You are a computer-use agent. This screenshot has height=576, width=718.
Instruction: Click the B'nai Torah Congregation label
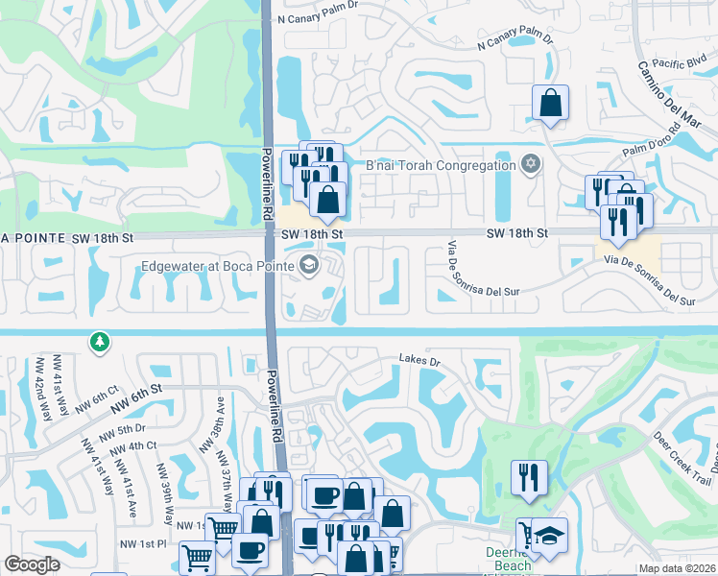[x=441, y=165]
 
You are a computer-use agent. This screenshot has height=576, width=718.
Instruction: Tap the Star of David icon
[x=528, y=164]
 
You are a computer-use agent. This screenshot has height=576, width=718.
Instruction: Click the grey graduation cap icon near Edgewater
[x=309, y=266]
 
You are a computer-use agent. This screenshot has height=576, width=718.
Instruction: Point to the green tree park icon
[x=99, y=342]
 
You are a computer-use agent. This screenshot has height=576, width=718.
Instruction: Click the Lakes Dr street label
[x=419, y=362]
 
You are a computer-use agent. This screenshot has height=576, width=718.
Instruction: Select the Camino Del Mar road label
[x=670, y=94]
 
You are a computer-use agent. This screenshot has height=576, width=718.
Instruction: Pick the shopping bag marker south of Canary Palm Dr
[x=551, y=104]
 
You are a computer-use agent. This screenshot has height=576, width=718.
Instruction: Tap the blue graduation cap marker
[x=550, y=535]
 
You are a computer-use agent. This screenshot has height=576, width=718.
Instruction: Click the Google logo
[x=33, y=564]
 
